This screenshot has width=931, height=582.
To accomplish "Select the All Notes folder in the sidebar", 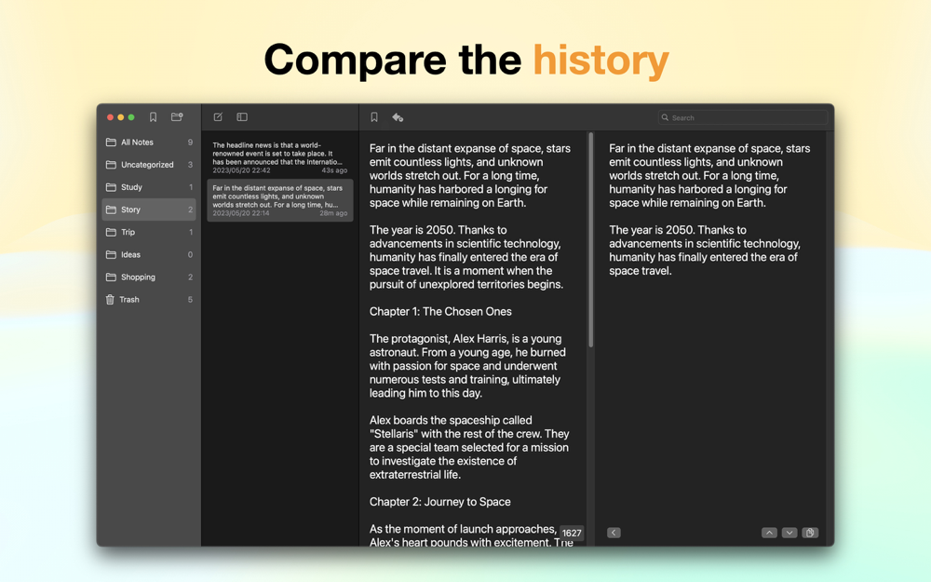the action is click(137, 142).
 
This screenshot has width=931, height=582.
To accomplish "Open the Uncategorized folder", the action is click(147, 165).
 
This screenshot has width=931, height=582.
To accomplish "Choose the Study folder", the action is click(131, 188).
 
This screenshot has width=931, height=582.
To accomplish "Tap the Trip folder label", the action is click(128, 232).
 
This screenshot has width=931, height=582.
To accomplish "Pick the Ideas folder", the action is click(130, 255).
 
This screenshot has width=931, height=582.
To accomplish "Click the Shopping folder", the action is click(138, 277).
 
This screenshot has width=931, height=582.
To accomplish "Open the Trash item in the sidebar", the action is click(128, 300).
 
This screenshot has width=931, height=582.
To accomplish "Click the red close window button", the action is click(110, 117).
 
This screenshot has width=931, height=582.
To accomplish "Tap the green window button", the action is click(131, 117).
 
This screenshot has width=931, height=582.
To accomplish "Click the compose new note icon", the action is click(218, 117).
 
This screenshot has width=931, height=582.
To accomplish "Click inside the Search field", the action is click(742, 117).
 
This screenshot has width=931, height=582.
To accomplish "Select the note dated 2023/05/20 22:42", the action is click(279, 157).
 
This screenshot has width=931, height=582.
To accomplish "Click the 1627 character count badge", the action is click(572, 533).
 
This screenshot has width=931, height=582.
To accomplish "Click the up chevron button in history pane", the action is click(769, 533).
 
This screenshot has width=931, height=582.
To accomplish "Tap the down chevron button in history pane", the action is click(789, 533).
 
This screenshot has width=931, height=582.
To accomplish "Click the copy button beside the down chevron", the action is click(810, 533).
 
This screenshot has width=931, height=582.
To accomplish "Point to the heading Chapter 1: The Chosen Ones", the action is click(440, 312).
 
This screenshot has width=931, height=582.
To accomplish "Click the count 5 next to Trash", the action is click(190, 300).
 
